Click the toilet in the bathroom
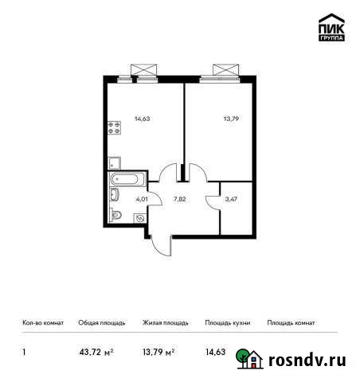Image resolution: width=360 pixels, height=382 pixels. pos(116,214)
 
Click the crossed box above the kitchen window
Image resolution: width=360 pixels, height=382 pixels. pos(145,68)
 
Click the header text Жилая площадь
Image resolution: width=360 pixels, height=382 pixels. pos(165,323)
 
